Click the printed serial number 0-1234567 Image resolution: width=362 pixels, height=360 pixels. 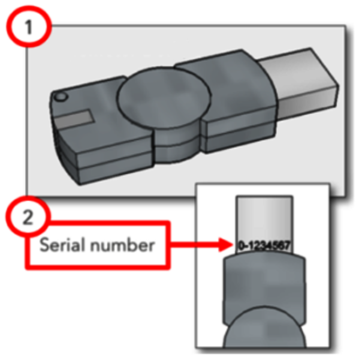[264, 245]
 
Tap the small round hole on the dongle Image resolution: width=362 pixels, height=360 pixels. [61, 97]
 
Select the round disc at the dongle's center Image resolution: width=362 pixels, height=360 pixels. [164, 97]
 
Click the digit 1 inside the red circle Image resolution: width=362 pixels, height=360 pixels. [28, 27]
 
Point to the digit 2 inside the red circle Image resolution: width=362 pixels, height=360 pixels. [28, 218]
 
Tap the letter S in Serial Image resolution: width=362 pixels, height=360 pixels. [44, 245]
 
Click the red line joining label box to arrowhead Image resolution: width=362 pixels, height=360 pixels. [194, 244]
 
